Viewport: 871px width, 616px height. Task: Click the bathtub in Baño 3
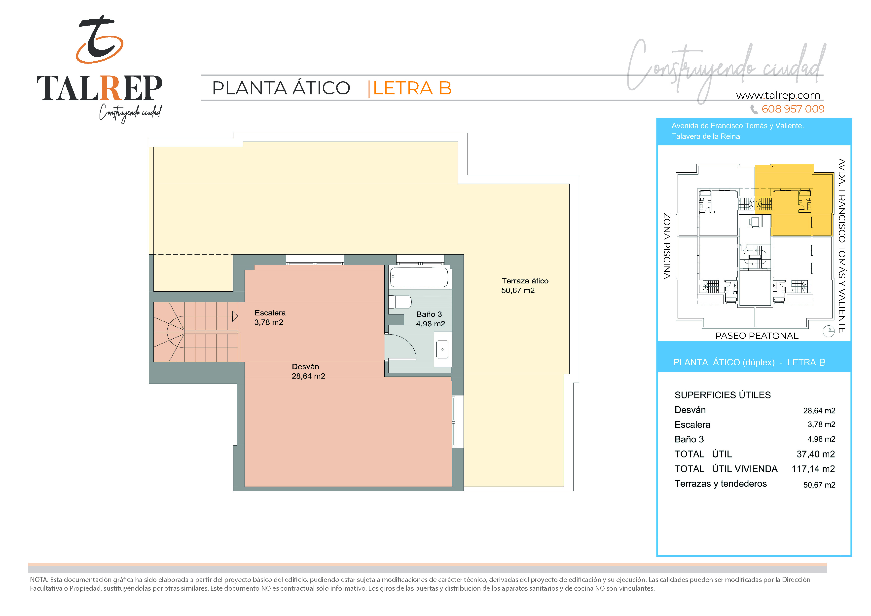(419, 277)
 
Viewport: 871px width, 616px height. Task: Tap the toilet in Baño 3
(400, 302)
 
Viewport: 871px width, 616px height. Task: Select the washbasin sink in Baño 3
(442, 349)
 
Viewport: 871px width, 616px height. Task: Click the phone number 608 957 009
(793, 109)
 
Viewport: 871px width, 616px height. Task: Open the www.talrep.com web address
(778, 95)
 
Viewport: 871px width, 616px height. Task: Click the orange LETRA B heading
(412, 88)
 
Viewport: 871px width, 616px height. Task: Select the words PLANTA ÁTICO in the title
(281, 88)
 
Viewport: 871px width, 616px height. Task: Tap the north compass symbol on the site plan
(829, 331)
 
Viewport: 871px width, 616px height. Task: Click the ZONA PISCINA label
(666, 246)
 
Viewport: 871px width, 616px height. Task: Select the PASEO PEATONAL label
(757, 336)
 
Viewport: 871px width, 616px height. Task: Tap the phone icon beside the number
(754, 109)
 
